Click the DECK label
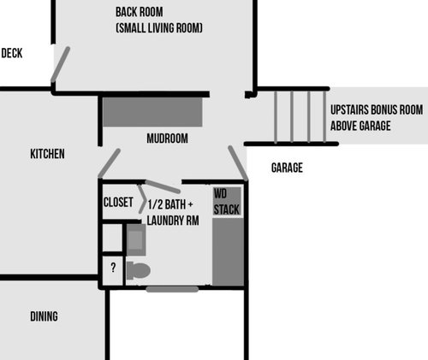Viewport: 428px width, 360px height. point(12,53)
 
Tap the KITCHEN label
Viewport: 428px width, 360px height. point(47,154)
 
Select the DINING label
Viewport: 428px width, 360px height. point(44,316)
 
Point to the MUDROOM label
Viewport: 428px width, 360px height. point(167,139)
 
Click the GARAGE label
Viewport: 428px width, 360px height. point(287,168)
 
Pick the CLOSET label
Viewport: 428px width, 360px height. point(118,203)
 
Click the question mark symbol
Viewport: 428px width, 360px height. point(113,268)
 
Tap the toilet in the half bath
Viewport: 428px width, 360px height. point(139,270)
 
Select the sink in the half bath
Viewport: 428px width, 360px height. point(136,239)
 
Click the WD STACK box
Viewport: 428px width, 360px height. point(227,201)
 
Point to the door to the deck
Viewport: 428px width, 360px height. point(60,64)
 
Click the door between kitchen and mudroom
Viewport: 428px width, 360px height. point(110,163)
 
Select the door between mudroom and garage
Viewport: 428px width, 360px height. point(238,163)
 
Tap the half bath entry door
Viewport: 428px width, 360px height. point(163,186)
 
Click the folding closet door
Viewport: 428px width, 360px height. point(141,199)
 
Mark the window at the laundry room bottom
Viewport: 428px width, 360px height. point(172,289)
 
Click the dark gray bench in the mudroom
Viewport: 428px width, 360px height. point(152,112)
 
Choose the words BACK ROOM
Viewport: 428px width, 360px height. point(140,12)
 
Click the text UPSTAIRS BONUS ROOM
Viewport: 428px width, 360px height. point(377,110)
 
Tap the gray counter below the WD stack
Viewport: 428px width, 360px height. point(229,252)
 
